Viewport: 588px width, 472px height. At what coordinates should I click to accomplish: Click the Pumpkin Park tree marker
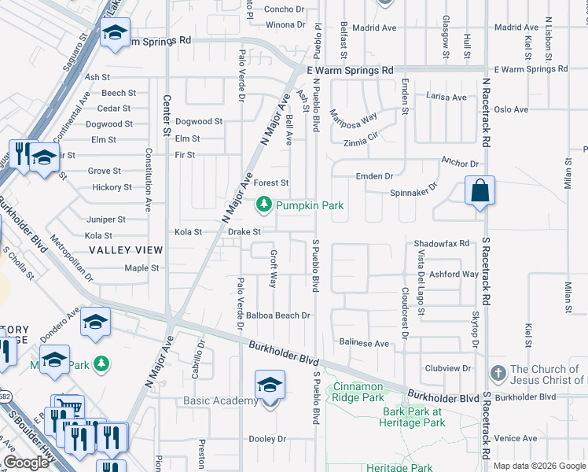click(x=264, y=205)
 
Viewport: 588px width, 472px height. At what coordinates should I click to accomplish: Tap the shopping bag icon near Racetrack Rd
click(x=480, y=191)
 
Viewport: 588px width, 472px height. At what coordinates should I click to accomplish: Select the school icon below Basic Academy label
click(x=270, y=386)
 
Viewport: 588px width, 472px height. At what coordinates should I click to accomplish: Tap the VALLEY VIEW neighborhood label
click(x=126, y=250)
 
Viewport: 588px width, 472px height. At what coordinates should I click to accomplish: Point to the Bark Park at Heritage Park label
click(x=413, y=418)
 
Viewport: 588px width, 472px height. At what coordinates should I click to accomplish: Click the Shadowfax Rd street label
click(x=442, y=244)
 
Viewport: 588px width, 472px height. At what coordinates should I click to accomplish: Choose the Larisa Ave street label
click(x=446, y=98)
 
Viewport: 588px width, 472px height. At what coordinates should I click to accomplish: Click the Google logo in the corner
click(x=27, y=463)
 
